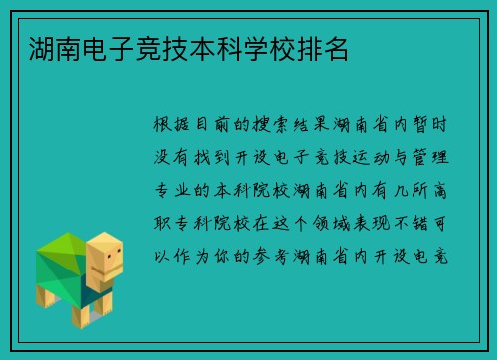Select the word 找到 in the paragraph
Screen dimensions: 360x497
[x=223, y=156]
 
